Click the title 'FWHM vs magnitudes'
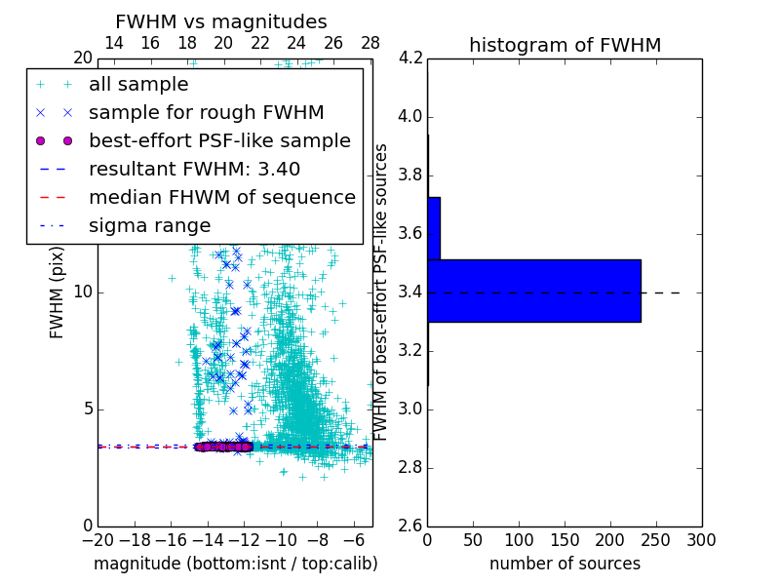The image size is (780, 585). pos(221,21)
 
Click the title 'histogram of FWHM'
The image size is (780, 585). pos(565,45)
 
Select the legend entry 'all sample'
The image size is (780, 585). pos(138,84)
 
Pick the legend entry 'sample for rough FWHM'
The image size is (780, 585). pos(206,112)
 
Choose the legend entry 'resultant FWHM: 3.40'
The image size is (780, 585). pos(194,169)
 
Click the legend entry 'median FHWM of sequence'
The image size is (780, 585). pos(221,197)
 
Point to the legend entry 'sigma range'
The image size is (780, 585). pos(149,225)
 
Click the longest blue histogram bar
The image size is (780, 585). pos(533,291)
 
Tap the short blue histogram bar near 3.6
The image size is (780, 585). pos(434,228)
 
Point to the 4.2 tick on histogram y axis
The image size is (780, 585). pos(410,58)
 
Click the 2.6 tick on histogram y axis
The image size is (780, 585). pos(410,525)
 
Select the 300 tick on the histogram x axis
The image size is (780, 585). pos(701,539)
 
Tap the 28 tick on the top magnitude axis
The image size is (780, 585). pos(370,43)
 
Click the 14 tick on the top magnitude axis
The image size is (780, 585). pos(113,43)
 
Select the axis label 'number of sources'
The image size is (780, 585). pos(565,564)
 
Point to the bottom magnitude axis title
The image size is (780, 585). pos(235,564)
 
